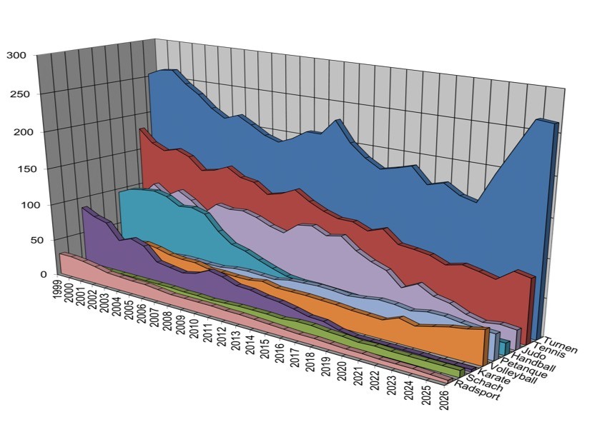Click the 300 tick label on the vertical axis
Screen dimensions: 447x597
[x=16, y=55]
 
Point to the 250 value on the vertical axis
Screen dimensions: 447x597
[x=16, y=94]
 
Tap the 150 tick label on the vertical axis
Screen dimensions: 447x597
[x=16, y=169]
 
